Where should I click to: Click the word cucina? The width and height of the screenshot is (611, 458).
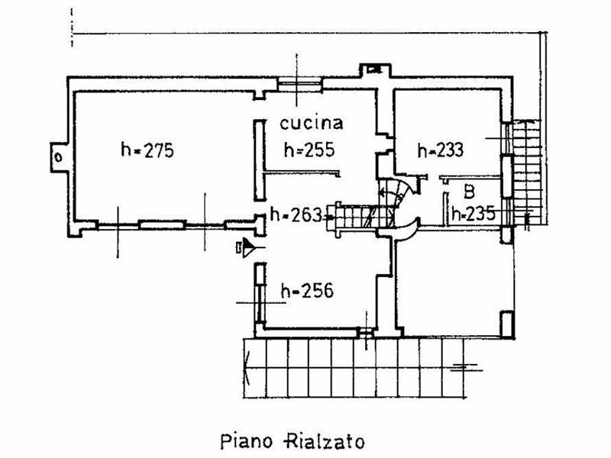coord(312,124)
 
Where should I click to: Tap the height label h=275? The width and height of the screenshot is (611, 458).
coord(147,150)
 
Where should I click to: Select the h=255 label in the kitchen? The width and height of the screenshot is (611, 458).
coord(309,149)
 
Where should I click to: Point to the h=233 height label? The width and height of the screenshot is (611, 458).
coord(441,150)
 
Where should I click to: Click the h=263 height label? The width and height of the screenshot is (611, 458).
coord(296,214)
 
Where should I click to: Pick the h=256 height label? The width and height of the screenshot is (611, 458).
coord(308,291)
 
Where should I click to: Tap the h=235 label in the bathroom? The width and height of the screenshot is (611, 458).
coord(474,213)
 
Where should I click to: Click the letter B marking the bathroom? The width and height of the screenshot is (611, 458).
coord(470,192)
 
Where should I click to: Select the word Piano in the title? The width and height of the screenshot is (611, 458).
coord(246,442)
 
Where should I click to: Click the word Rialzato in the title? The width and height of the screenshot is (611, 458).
coord(325,442)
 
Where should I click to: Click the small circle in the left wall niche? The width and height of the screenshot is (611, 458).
coord(59,157)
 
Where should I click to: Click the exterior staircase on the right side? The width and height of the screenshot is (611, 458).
coord(527,173)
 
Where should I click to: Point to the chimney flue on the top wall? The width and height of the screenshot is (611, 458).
coord(375,70)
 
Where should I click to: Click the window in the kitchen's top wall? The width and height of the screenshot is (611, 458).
coord(299,84)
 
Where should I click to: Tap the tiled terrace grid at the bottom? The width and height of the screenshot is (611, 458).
coord(354,368)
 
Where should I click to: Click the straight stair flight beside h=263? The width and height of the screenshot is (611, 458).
coord(353,218)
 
